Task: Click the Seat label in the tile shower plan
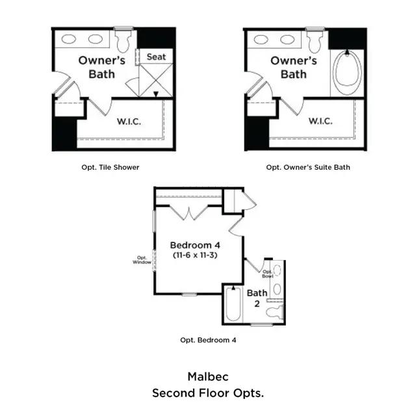point(156,57)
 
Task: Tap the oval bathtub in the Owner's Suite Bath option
point(347,71)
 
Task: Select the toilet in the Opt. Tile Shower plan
point(123,40)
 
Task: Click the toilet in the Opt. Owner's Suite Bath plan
point(315,40)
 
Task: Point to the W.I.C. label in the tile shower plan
point(129,122)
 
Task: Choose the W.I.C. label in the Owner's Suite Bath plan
point(320,122)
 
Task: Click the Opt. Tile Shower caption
point(110,168)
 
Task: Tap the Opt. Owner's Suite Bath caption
point(308,168)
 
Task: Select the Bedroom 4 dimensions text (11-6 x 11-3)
point(195,255)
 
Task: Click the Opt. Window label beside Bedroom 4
point(142,260)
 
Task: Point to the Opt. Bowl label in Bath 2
point(267,274)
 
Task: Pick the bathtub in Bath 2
point(233,304)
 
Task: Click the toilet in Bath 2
point(274,312)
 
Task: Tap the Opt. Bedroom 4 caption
point(208,340)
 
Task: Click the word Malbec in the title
point(208,377)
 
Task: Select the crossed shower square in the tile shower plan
point(156,80)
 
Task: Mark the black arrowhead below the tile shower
point(156,94)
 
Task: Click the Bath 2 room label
point(257,298)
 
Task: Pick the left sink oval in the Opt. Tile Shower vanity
point(69,39)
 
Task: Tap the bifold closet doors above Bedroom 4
point(188,213)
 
